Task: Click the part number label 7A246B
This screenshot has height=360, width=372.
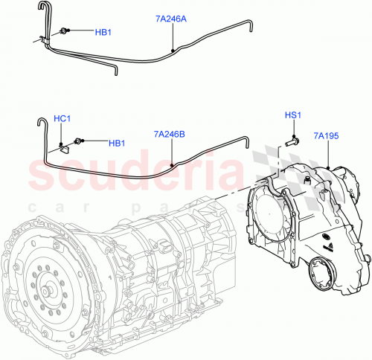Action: pos(170,135)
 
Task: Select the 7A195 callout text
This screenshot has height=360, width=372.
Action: pos(327,135)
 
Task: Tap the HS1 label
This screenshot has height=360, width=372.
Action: pos(293,116)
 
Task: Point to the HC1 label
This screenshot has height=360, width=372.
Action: pos(62,119)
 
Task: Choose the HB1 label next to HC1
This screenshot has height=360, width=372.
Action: pos(117,143)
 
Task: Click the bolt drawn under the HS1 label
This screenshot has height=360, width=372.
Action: pos(290,139)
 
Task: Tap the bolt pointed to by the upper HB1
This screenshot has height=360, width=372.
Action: pos(65,31)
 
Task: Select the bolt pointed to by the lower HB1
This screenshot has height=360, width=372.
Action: pos(80,141)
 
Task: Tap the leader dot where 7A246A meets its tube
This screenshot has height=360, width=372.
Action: pos(173,50)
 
